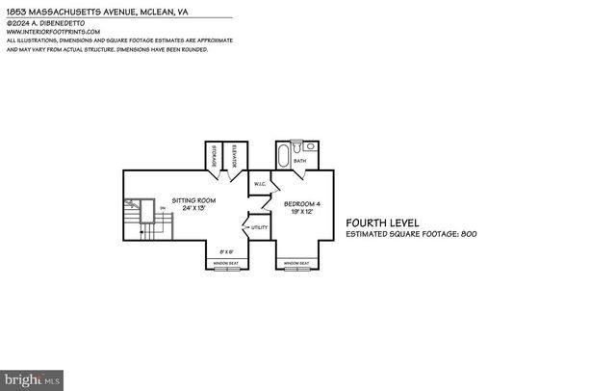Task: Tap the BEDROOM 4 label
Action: [x=302, y=203]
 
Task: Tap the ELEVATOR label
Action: [x=236, y=156]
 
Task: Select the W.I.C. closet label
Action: [x=260, y=183]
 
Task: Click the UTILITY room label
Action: [x=260, y=227]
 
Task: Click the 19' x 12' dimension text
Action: [x=302, y=212]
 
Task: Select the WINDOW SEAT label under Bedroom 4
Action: [x=297, y=263]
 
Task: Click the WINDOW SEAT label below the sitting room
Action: [x=226, y=263]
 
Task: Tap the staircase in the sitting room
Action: [x=144, y=217]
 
